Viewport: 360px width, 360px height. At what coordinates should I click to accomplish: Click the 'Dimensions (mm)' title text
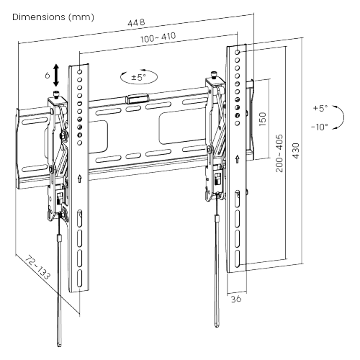53,17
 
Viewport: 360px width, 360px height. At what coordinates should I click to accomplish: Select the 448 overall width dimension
136,22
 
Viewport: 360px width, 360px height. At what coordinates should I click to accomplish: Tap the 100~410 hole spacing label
158,37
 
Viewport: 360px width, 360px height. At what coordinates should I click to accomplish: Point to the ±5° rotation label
138,77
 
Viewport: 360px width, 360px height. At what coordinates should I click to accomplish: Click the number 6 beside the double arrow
48,75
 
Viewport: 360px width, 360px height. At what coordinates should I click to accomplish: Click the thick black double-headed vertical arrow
56,75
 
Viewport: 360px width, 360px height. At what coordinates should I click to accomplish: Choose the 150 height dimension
263,119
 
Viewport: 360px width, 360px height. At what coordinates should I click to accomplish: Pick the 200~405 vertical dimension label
279,153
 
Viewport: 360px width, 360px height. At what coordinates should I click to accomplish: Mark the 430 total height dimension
296,150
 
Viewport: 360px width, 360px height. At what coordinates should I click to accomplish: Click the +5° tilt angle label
320,108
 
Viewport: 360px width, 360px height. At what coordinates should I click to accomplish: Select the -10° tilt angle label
320,127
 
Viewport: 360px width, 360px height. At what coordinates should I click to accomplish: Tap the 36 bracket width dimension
236,299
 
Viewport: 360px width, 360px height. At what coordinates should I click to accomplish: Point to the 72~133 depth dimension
37,268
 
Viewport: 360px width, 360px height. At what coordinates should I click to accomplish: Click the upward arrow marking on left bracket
80,179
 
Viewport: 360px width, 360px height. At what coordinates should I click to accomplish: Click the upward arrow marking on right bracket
238,158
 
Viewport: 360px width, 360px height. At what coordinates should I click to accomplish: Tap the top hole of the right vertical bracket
238,52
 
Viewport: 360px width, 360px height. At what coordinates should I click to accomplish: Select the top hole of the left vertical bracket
80,72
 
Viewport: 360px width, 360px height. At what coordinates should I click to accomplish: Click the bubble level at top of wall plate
137,99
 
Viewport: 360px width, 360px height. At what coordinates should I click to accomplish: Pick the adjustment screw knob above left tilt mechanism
56,94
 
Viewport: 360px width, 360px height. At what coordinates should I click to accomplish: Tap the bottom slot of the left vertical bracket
79,278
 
